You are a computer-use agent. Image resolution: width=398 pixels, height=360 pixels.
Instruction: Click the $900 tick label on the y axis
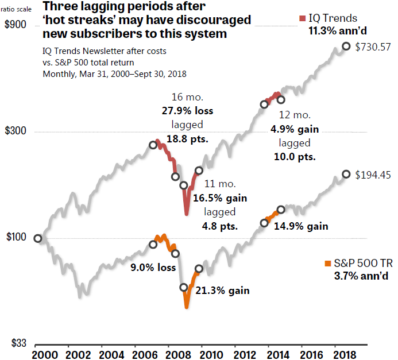point(15,25)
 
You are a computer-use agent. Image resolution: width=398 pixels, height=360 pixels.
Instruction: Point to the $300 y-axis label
point(15,131)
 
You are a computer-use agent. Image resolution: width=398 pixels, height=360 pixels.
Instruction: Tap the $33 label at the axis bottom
point(13,343)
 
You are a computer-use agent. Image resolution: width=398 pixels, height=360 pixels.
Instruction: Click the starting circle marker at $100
point(38,238)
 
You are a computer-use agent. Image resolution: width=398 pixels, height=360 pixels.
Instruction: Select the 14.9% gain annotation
point(301,226)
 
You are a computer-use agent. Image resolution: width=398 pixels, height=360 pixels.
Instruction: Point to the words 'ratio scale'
point(17,9)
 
